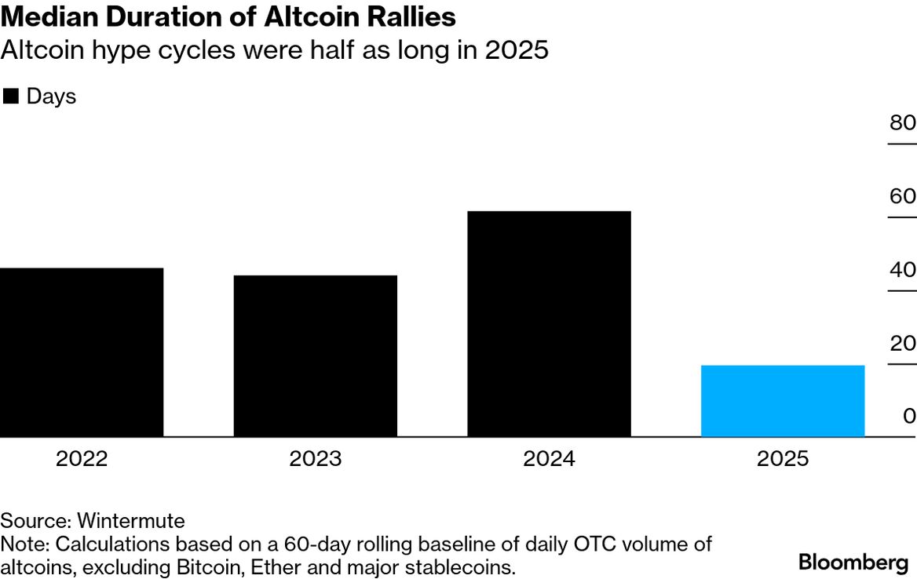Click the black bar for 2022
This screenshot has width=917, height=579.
(x=82, y=352)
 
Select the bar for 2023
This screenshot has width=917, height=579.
(x=315, y=356)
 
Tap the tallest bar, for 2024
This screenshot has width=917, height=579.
(x=549, y=324)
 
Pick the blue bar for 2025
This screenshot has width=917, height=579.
(x=782, y=401)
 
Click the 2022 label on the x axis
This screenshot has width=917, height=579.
(x=82, y=459)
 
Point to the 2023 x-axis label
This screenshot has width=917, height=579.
(x=315, y=459)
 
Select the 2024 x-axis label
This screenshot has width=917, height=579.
(x=549, y=459)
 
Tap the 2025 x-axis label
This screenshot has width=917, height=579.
(x=782, y=459)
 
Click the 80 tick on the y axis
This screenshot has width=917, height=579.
(x=902, y=123)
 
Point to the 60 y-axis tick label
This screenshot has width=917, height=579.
(x=902, y=196)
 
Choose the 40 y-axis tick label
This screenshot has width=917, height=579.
(x=902, y=270)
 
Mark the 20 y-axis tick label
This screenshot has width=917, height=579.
(x=902, y=343)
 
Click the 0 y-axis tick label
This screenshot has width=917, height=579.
(x=909, y=416)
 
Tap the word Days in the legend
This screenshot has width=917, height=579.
(x=51, y=96)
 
